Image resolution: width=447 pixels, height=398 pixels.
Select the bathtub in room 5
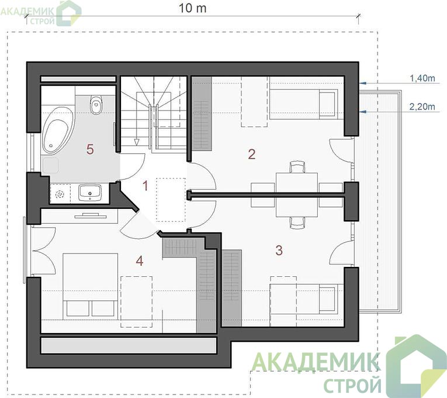point(58,131)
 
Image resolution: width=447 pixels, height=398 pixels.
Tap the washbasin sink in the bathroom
point(90,192)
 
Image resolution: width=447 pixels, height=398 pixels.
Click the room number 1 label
point(145,186)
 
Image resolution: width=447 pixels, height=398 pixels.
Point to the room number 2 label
point(252,154)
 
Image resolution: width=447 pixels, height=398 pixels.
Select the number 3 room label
point(279,250)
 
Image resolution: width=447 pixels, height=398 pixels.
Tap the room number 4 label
point(140,260)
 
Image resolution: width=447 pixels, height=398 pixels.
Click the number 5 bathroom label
point(90,149)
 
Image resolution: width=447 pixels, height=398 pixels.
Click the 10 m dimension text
point(192,8)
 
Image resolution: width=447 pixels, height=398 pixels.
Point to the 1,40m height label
point(422,78)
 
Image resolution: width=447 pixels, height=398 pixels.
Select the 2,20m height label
point(422,107)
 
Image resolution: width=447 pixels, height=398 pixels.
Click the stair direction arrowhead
point(137,142)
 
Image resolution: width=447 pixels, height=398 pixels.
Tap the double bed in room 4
point(90,285)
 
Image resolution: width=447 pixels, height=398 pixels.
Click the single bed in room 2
point(304,104)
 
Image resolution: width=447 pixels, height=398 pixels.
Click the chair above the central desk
point(297,167)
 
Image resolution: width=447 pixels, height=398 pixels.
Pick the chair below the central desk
point(297,222)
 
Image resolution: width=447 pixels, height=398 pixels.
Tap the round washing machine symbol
point(60,194)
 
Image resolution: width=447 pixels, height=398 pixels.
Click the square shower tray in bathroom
point(50,165)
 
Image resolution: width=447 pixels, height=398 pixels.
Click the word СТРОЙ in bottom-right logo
point(352,385)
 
